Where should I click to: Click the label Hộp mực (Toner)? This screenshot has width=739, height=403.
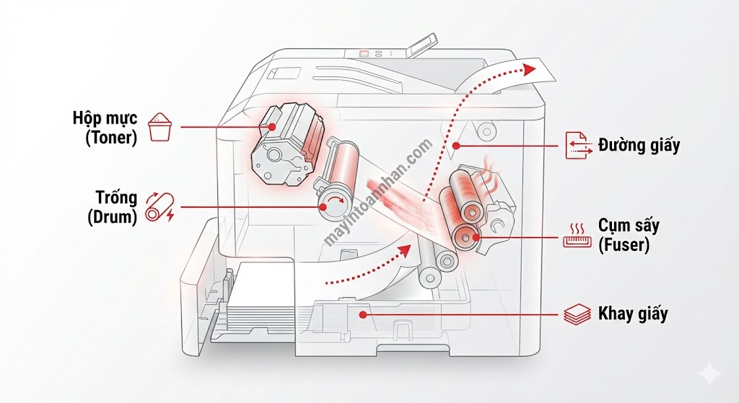point(104,127)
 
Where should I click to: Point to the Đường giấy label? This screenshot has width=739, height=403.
point(639,145)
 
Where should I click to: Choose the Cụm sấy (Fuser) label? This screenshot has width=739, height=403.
point(624,235)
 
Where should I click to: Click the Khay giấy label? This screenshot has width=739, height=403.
point(633,314)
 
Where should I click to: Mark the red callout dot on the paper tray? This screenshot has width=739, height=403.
point(363,314)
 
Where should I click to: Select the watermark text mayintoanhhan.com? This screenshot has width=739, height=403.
point(379,192)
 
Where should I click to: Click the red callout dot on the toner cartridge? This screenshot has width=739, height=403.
point(273,127)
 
